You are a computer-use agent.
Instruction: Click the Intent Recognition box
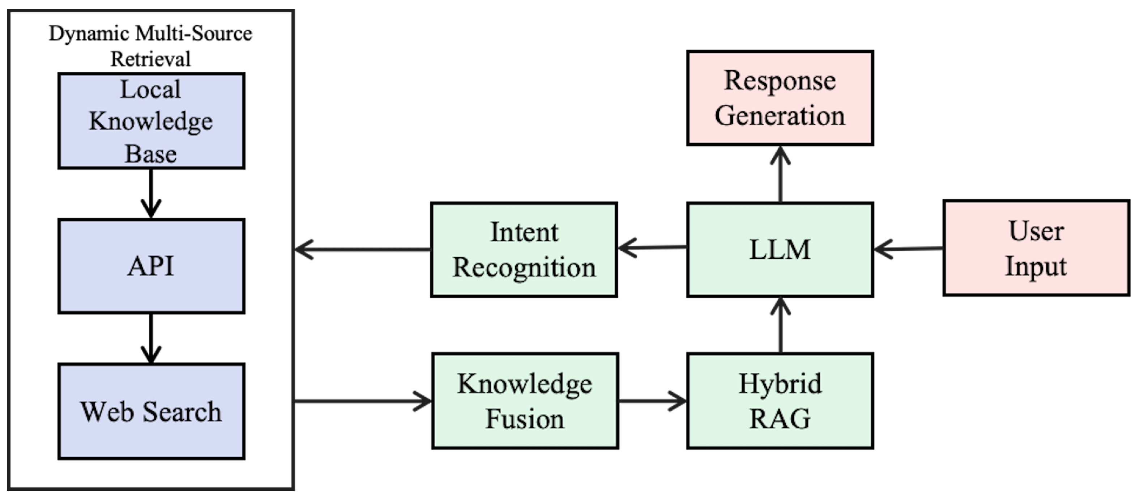(524, 250)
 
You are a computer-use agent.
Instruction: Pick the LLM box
(780, 250)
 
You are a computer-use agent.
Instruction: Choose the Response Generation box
(780, 98)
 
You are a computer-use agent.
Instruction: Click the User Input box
(1036, 248)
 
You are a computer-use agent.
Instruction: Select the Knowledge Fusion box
(525, 401)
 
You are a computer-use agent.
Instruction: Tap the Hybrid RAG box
(780, 401)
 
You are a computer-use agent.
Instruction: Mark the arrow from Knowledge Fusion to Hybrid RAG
(652, 401)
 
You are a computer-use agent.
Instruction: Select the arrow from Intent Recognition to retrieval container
(363, 250)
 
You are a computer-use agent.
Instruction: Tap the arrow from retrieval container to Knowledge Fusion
(363, 401)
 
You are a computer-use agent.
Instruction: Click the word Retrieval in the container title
(150, 59)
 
